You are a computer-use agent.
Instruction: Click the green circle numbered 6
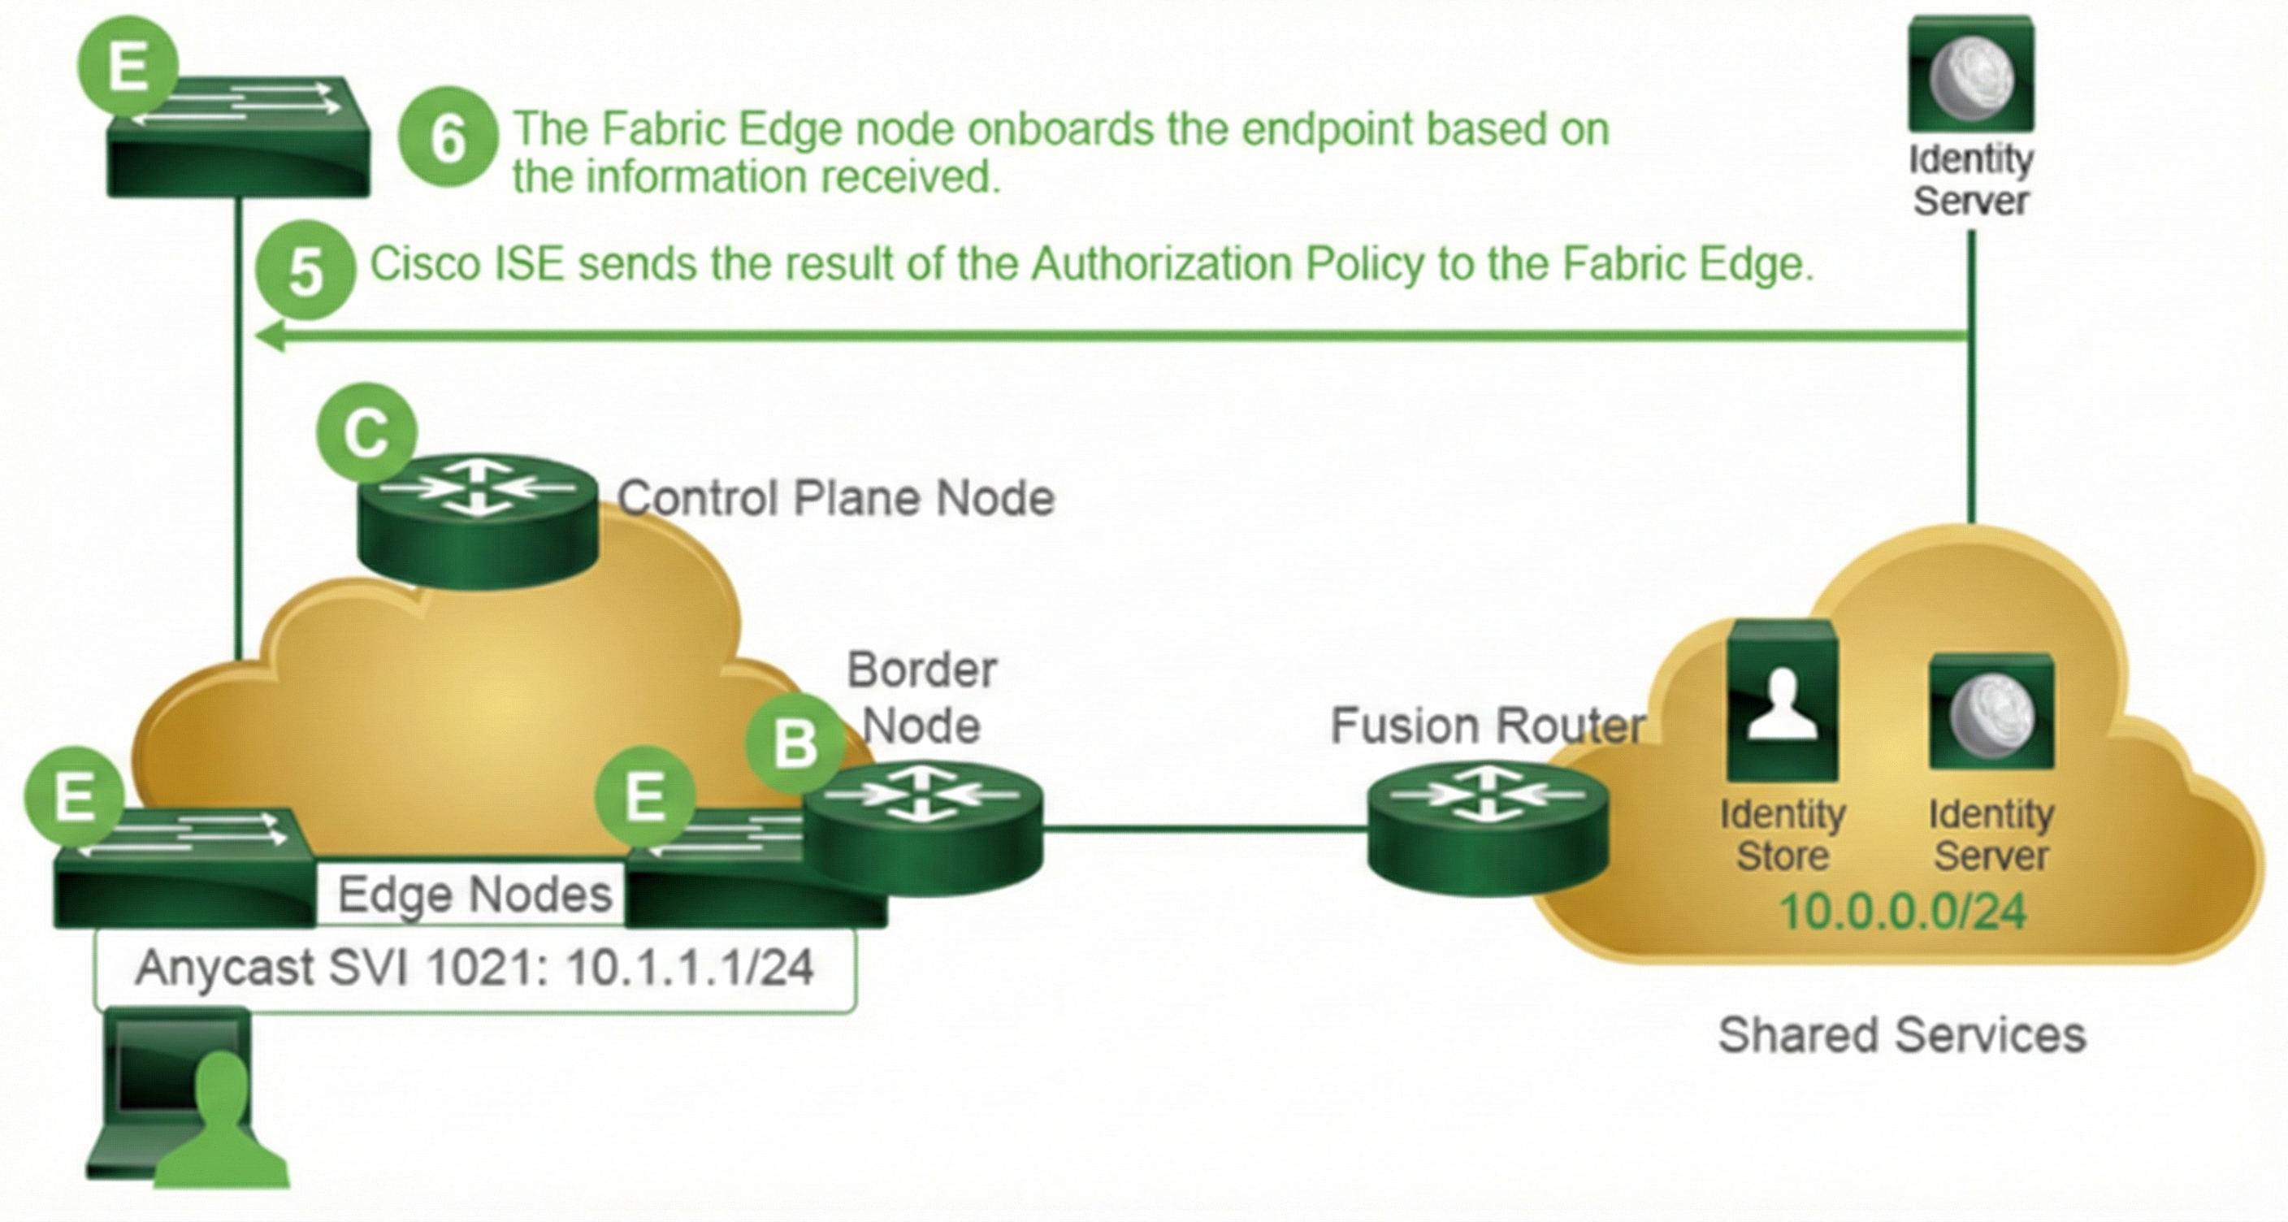[447, 137]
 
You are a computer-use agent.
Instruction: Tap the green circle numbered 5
[305, 271]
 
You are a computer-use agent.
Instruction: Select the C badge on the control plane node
[366, 432]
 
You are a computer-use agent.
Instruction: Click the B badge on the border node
[795, 742]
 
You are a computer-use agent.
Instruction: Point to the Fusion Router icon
[1488, 830]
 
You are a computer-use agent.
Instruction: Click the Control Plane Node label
[836, 498]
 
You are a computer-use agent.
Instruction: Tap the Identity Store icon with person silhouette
[1782, 701]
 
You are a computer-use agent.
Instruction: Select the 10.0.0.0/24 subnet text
[1904, 911]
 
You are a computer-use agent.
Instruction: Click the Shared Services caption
[1901, 1035]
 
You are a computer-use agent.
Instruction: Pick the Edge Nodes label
[474, 895]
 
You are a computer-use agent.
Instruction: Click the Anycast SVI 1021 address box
[474, 968]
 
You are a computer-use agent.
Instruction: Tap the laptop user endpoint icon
[187, 1098]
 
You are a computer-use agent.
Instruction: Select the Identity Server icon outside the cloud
[1971, 76]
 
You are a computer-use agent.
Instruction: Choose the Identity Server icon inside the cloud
[1991, 713]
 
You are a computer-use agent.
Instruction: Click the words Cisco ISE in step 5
[466, 265]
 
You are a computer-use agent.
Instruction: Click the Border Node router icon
[924, 830]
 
